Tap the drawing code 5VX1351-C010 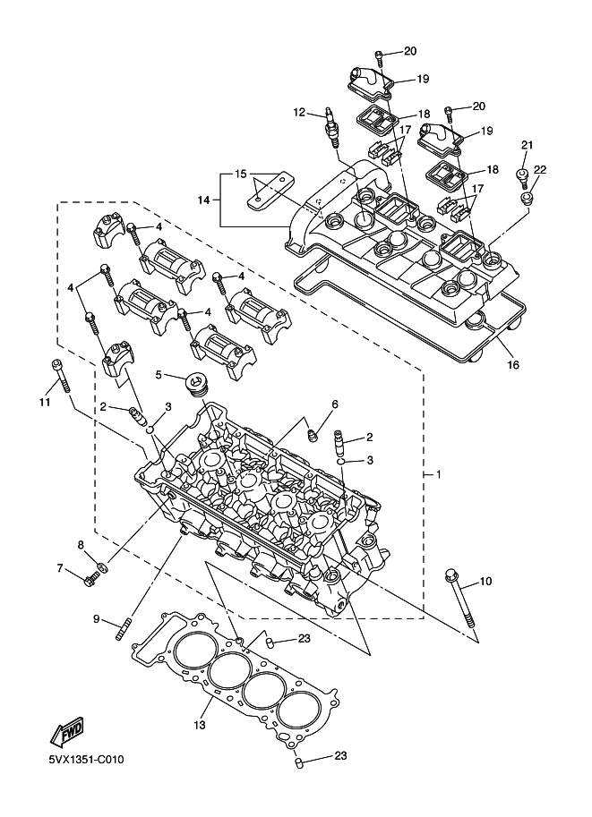coord(86,761)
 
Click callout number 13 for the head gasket coord(200,725)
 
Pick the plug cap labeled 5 coord(197,384)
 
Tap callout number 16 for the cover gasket coord(513,365)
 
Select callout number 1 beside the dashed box coord(439,474)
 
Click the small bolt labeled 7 coord(91,577)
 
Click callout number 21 coord(528,144)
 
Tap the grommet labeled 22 coord(528,198)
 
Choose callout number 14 coord(204,200)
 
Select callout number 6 coord(335,404)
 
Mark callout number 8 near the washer coord(81,545)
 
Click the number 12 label coord(299,112)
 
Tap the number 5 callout coord(159,374)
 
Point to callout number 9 coord(97,619)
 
